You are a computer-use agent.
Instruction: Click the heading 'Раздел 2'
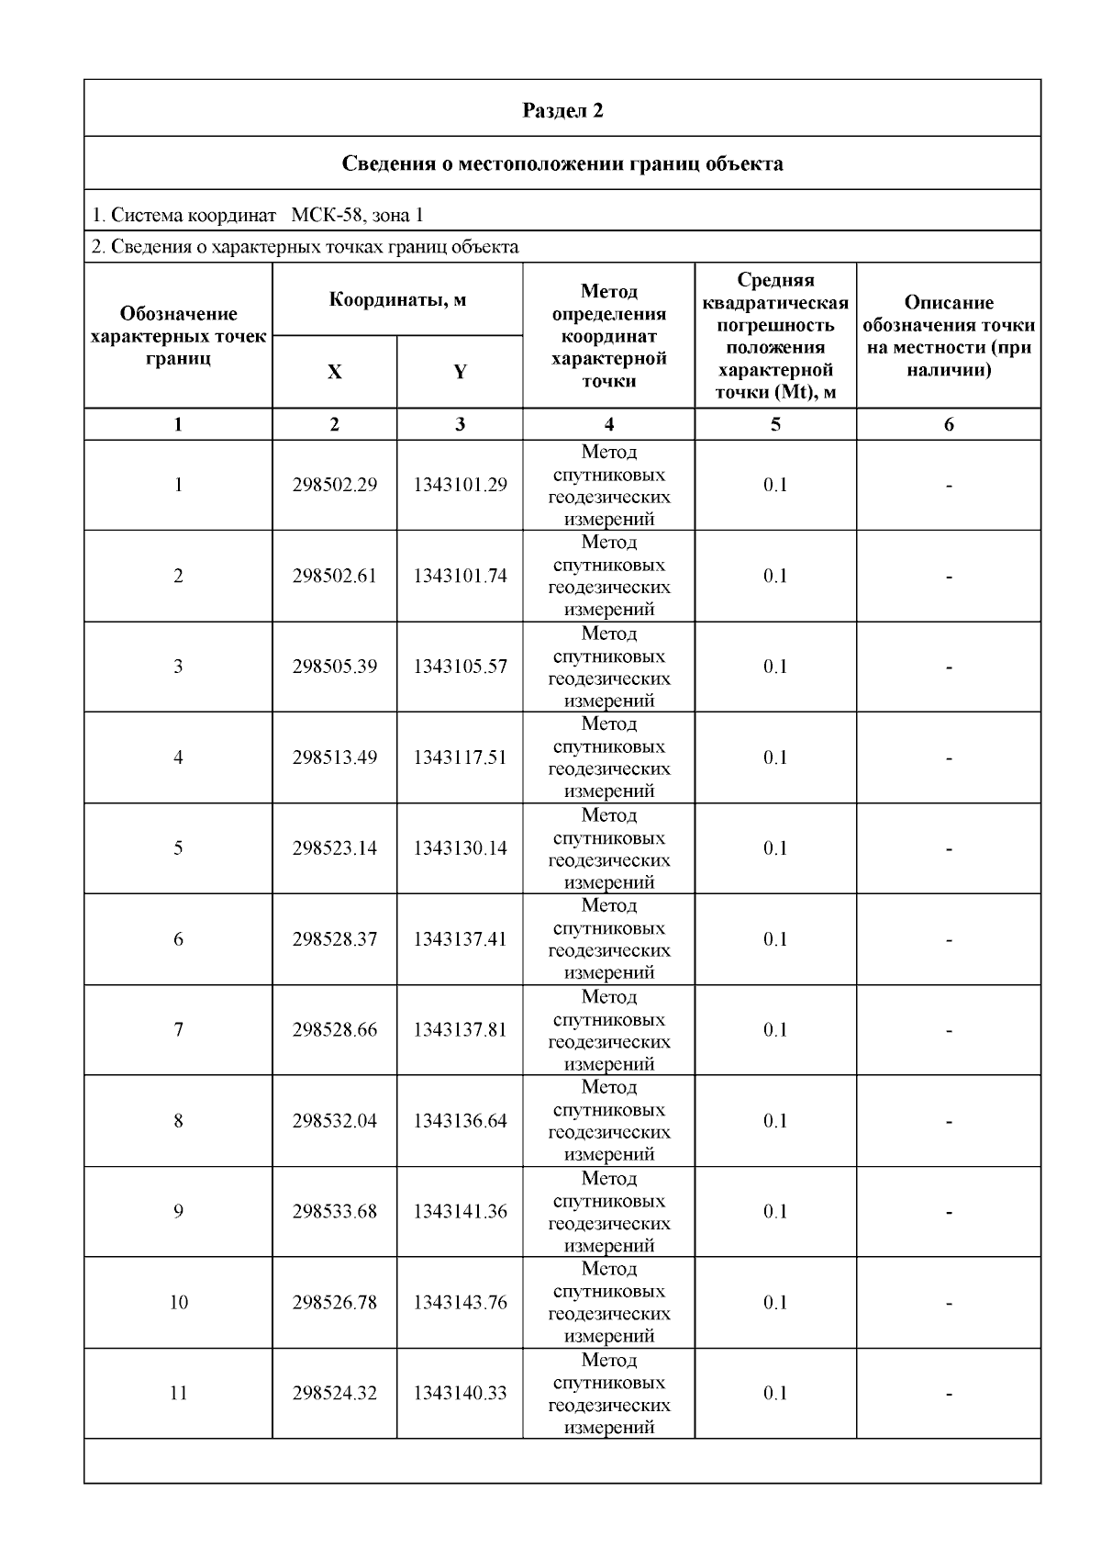click(562, 111)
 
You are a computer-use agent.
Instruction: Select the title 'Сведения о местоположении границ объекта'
click(562, 164)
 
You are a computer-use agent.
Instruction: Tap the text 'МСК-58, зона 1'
click(357, 216)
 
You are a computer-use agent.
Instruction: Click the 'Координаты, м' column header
click(397, 300)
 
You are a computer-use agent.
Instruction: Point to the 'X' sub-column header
click(335, 372)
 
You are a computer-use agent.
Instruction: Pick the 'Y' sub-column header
click(460, 372)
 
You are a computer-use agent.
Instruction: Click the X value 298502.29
click(335, 485)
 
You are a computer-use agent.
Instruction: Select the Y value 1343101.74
click(460, 576)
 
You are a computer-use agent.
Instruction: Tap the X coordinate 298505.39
click(335, 667)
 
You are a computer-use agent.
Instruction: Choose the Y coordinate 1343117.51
click(460, 757)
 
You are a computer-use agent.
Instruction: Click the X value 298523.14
click(335, 848)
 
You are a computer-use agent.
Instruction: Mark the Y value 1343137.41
click(460, 939)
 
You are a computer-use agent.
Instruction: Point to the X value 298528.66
click(335, 1030)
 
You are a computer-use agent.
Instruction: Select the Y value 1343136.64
click(460, 1121)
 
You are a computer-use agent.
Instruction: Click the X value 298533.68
click(335, 1212)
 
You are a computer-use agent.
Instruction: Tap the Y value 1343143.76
click(460, 1303)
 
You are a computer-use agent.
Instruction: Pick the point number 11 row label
click(178, 1394)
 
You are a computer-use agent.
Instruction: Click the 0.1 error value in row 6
click(775, 939)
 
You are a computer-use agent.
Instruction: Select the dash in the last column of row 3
click(949, 667)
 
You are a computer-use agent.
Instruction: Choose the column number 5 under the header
click(775, 424)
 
